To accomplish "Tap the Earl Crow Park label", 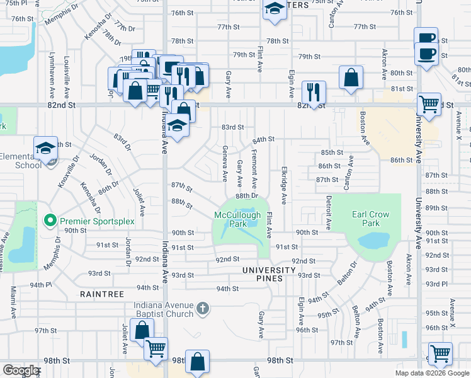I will coord(370,219).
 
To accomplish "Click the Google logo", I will coord(21,370).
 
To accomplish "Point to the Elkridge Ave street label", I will coord(284,185).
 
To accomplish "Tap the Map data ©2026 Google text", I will coord(432,373).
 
